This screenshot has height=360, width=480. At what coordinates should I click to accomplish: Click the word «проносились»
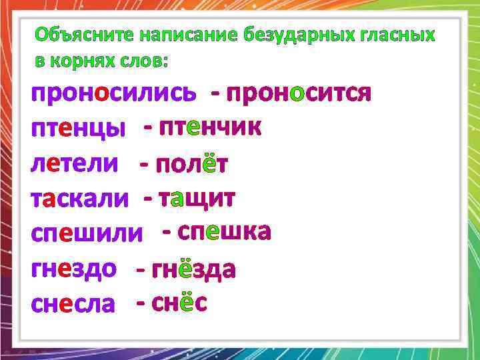pos(114,93)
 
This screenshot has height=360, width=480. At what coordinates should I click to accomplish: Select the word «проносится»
pos(299,93)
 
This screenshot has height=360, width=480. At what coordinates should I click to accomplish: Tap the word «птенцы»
pos(79,129)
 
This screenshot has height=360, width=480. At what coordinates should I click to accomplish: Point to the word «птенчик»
pos(210,127)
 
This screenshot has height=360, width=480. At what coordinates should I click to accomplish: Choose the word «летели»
pos(75,164)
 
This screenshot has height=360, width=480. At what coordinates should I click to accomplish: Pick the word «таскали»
pos(79,199)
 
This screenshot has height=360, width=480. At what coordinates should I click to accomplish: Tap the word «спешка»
pos(225,232)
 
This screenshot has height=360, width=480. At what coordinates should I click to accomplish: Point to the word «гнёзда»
pos(194,269)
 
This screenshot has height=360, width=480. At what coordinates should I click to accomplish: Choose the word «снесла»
pos(73,305)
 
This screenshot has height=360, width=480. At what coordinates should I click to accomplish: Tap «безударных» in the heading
pos(299,35)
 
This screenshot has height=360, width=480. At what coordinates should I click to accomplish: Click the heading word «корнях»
pos(83,61)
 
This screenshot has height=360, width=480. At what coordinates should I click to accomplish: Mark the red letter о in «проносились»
pos(101,93)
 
